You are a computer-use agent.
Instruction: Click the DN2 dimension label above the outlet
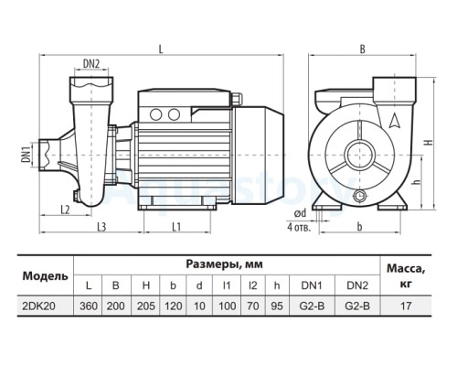click(x=91, y=64)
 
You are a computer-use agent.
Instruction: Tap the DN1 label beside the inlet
click(x=27, y=155)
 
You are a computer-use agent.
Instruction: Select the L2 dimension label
click(x=66, y=210)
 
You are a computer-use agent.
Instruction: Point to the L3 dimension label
click(x=101, y=227)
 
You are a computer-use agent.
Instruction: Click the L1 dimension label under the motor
click(x=176, y=227)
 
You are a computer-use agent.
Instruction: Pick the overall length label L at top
click(x=161, y=49)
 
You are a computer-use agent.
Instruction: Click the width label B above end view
click(x=362, y=49)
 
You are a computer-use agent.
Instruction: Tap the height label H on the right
click(x=429, y=143)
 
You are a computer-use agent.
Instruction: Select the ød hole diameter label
click(x=300, y=213)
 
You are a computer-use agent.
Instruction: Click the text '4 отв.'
click(x=299, y=227)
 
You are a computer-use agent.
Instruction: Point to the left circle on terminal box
click(x=155, y=114)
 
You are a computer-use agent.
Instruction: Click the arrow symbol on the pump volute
click(x=395, y=121)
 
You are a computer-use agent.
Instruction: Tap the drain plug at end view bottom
click(x=360, y=195)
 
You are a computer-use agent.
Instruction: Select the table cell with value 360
click(x=89, y=306)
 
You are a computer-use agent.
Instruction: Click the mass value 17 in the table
click(x=406, y=306)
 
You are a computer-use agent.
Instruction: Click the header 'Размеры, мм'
click(x=224, y=264)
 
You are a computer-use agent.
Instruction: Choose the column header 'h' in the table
click(x=277, y=285)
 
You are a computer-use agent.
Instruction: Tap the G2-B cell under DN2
click(x=357, y=306)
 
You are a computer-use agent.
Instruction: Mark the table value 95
click(x=277, y=306)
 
